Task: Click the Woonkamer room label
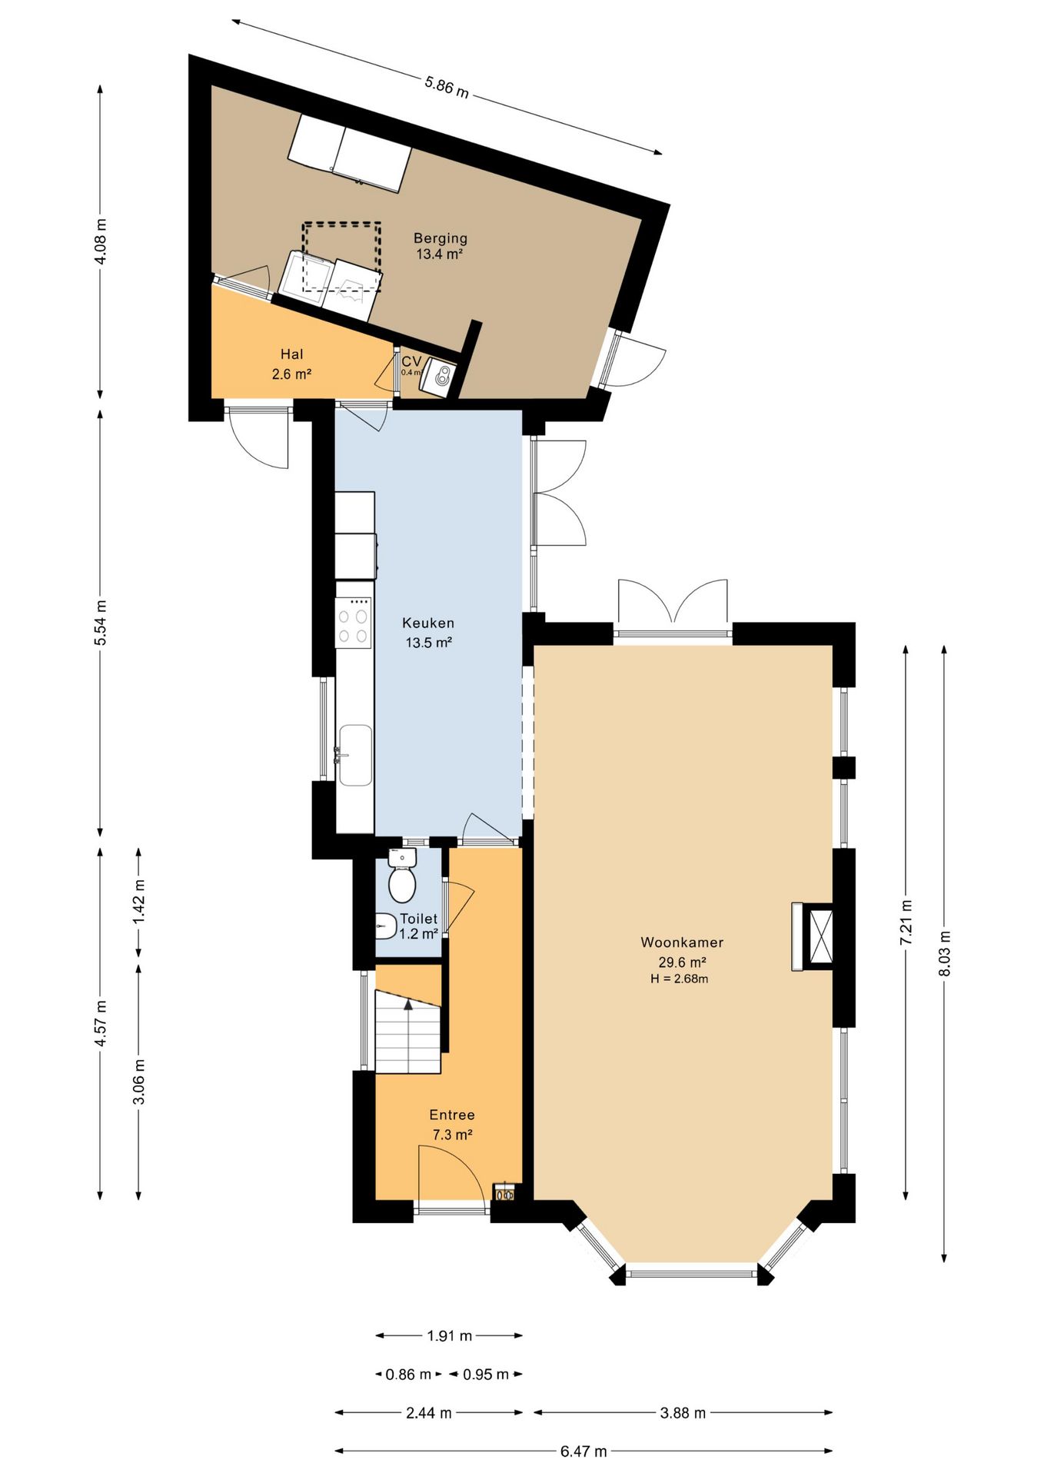[682, 942]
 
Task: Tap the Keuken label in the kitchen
[428, 623]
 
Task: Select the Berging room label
[441, 239]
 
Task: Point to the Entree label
[452, 1115]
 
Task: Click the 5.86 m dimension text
[447, 86]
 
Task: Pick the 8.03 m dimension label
[945, 954]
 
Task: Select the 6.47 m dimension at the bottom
[584, 1451]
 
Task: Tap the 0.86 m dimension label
[408, 1375]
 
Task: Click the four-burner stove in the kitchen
[354, 626]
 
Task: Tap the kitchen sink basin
[355, 755]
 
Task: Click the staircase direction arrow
[409, 1003]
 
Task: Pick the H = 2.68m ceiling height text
[680, 979]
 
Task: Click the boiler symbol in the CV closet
[442, 377]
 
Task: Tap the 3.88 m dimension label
[683, 1413]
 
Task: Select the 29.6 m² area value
[682, 962]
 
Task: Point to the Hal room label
[292, 354]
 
